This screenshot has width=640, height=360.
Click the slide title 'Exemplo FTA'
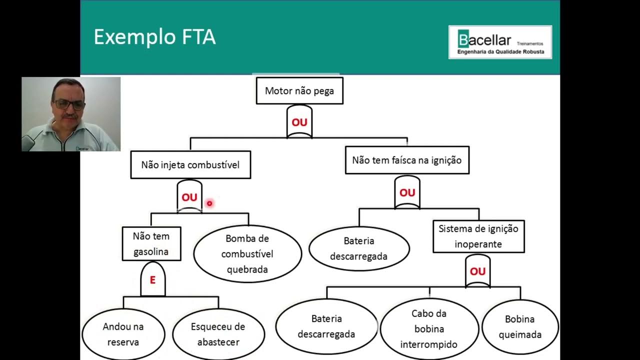154,37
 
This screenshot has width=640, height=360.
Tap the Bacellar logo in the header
500,42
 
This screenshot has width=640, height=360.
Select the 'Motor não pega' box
299,90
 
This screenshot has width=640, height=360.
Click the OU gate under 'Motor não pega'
299,122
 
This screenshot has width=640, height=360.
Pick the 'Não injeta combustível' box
190,164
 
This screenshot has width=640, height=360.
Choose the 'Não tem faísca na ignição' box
407,160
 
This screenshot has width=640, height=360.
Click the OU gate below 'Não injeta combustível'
189,197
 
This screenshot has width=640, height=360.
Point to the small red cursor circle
209,203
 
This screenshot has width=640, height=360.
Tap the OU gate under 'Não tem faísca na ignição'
407,192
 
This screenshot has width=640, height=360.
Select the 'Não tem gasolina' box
151,243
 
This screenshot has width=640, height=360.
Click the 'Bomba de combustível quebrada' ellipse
247,253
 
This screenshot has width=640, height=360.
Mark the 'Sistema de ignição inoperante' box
478,236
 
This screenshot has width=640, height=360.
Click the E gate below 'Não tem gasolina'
152,279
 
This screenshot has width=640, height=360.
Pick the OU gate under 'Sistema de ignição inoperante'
477,271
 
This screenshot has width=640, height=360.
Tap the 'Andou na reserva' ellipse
123,334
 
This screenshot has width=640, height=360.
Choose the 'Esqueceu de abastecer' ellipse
218,334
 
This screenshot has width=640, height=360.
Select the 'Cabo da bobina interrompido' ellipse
429,328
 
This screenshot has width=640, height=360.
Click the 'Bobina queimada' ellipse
520,326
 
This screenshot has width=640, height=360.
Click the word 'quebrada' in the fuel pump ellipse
247,269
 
